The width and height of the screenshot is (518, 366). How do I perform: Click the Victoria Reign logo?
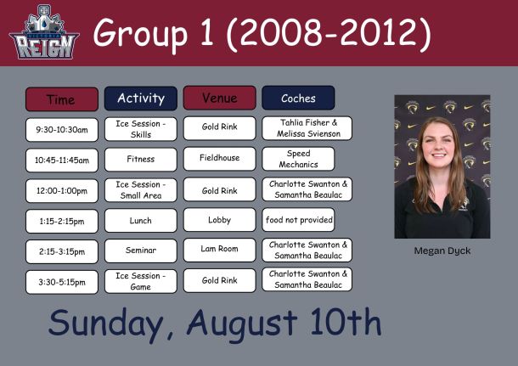[44, 32]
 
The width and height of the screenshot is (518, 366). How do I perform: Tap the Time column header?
[62, 99]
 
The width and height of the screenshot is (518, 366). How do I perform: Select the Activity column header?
[141, 99]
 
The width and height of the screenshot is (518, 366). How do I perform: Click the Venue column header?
[220, 98]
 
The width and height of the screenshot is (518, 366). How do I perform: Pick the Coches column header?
[298, 98]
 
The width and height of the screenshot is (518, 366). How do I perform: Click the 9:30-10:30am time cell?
[62, 129]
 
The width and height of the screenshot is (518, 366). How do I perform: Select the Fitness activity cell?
[141, 159]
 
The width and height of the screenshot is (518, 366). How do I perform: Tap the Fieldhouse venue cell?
[220, 159]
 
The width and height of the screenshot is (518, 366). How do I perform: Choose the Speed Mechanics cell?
[298, 159]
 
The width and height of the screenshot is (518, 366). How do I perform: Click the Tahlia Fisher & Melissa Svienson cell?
[307, 128]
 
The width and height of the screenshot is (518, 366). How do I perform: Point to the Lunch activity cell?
[141, 220]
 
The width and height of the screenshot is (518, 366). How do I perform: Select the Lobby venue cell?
[220, 220]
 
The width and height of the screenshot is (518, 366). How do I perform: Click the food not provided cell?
[298, 220]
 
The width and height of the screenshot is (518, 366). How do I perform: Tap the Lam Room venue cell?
[220, 250]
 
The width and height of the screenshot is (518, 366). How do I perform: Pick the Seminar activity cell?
[141, 251]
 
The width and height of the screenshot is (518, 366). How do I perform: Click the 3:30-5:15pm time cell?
[62, 282]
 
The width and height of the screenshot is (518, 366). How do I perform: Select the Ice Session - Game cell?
[141, 281]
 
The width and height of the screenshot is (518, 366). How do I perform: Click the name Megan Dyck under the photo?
[442, 251]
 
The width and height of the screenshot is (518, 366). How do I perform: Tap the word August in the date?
[242, 324]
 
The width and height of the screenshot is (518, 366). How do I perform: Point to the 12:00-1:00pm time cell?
[62, 190]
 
